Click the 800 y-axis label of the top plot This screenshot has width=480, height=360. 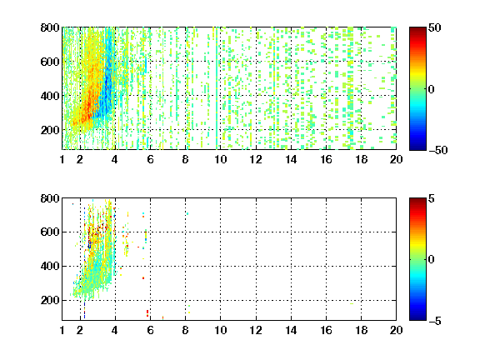[x=50, y=27]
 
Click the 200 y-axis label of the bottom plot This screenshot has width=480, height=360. [x=50, y=300]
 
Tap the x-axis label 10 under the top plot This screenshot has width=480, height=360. [x=220, y=159]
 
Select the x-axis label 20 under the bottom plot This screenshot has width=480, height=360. [x=396, y=330]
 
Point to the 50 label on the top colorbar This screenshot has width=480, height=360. [x=435, y=27]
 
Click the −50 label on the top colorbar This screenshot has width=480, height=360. [x=438, y=150]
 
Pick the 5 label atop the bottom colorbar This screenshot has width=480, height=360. [x=432, y=198]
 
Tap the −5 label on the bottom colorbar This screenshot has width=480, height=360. [x=435, y=321]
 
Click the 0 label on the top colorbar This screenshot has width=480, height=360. [x=432, y=89]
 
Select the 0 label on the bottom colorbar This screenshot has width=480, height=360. [x=432, y=260]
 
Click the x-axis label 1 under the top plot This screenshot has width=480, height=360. [x=62, y=159]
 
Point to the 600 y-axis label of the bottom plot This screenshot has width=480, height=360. [x=50, y=232]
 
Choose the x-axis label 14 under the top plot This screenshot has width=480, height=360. [x=291, y=159]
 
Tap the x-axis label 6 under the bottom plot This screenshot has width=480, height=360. [x=150, y=330]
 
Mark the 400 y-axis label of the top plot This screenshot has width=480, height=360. [x=50, y=96]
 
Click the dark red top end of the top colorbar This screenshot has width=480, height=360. [x=417, y=29]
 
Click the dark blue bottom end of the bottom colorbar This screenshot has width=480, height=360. [x=417, y=319]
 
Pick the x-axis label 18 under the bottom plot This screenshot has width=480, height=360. [x=361, y=330]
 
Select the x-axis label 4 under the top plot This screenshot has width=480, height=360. [x=115, y=159]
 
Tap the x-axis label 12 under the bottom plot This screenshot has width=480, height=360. [x=256, y=330]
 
